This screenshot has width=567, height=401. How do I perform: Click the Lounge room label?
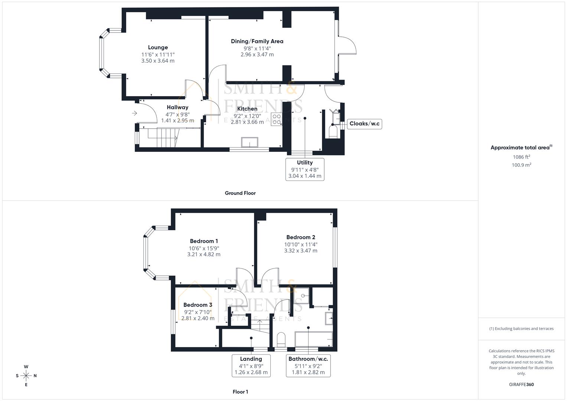158,48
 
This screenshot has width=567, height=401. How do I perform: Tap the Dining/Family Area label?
257,41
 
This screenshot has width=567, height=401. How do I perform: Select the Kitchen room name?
247,109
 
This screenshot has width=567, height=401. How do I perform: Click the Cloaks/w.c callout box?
365,124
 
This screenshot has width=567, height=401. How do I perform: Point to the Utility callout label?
304,163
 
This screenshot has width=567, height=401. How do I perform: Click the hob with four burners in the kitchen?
277,119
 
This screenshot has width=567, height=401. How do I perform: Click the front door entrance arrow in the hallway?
134,113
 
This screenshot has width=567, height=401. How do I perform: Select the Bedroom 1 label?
204,241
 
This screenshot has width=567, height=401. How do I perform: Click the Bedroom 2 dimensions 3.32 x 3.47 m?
301,251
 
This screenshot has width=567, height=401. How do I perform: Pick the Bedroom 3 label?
198,305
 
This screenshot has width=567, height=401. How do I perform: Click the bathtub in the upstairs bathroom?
313,339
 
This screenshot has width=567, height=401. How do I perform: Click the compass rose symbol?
26,376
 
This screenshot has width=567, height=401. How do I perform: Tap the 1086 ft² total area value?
521,157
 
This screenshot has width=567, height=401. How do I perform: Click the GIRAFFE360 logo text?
521,384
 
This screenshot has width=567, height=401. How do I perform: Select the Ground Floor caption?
240,193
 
